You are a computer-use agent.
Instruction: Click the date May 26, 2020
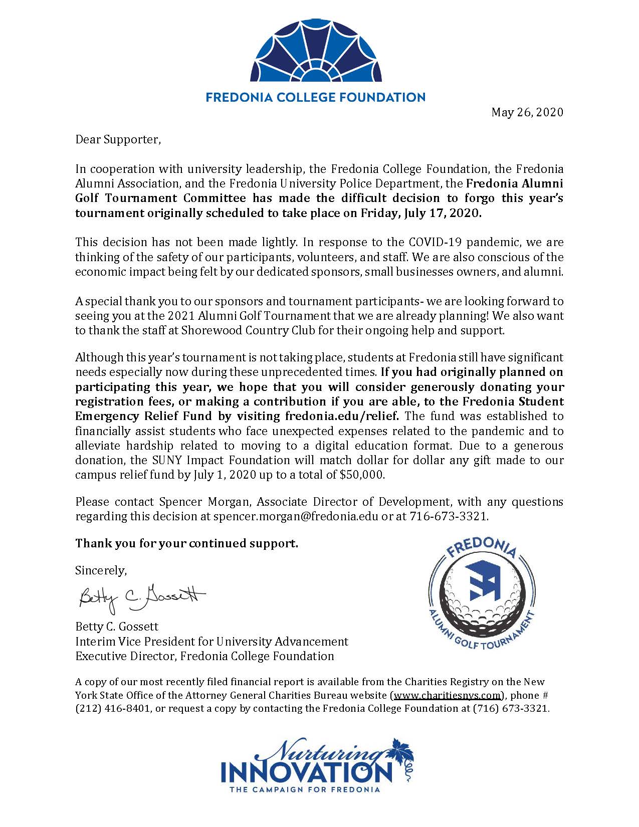click(x=527, y=112)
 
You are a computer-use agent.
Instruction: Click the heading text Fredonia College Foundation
click(x=316, y=97)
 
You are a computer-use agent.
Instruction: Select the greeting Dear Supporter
click(x=118, y=139)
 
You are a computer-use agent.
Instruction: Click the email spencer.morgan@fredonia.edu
click(x=296, y=516)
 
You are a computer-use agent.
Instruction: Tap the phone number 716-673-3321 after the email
click(x=449, y=516)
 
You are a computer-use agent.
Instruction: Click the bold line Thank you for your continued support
click(x=186, y=543)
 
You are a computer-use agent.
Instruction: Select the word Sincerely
click(x=101, y=570)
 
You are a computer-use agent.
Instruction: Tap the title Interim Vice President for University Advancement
click(x=211, y=642)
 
